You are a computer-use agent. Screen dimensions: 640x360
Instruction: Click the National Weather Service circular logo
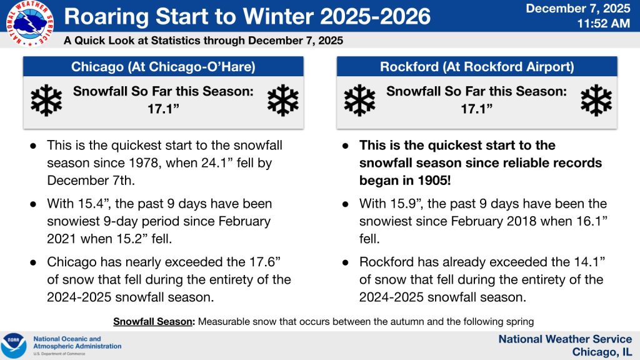30,23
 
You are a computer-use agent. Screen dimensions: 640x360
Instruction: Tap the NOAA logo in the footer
14,346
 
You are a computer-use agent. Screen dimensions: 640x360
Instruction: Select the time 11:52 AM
603,23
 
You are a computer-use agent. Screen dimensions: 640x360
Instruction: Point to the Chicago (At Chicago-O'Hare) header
163,66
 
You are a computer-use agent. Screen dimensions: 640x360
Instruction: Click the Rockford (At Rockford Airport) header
477,66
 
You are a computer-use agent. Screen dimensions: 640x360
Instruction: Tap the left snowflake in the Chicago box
46,100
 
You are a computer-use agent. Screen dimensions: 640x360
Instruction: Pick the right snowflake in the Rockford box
596,100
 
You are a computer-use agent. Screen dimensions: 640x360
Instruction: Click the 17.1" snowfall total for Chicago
163,109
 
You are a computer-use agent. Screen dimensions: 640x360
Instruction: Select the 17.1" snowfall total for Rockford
477,109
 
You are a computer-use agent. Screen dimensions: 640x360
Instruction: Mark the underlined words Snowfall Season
153,322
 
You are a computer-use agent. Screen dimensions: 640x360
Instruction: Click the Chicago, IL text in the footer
602,352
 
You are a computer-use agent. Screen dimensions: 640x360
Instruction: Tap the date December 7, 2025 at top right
578,9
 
